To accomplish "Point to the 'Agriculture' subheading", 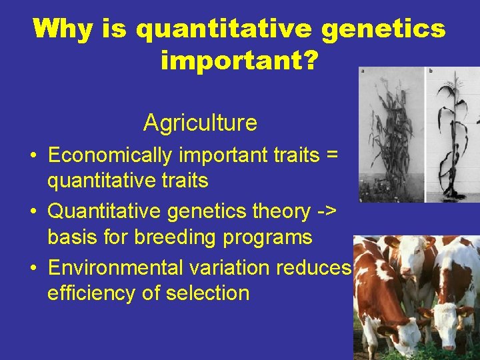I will [x=200, y=123].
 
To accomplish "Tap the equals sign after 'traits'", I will [x=331, y=155].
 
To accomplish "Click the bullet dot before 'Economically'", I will [x=33, y=156].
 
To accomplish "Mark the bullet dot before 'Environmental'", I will [x=33, y=268].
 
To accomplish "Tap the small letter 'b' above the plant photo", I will [x=430, y=71].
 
